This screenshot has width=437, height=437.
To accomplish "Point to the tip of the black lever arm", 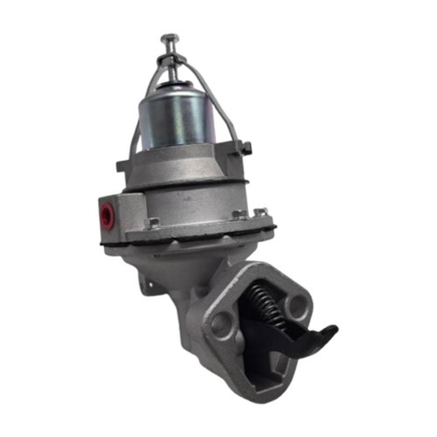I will click(x=329, y=332).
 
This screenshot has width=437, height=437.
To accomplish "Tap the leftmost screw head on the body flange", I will click(x=154, y=223).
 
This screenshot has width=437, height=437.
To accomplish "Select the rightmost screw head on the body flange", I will click(x=260, y=212).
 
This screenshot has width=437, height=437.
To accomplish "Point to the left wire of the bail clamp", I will click(x=140, y=114).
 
